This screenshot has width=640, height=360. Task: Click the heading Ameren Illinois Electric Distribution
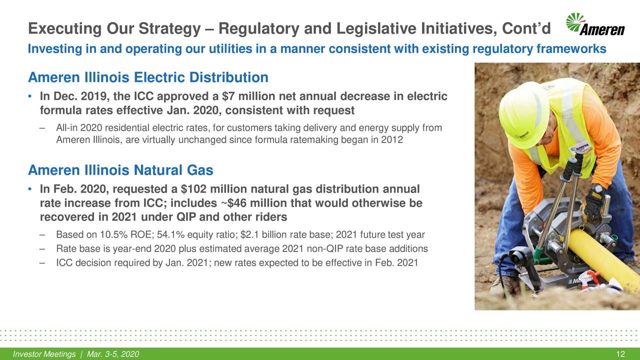pos(148,78)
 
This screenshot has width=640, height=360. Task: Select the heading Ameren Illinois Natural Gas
pos(120,171)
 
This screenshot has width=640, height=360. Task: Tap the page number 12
pos(621,354)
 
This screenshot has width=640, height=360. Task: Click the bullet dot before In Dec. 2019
pos(30,96)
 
